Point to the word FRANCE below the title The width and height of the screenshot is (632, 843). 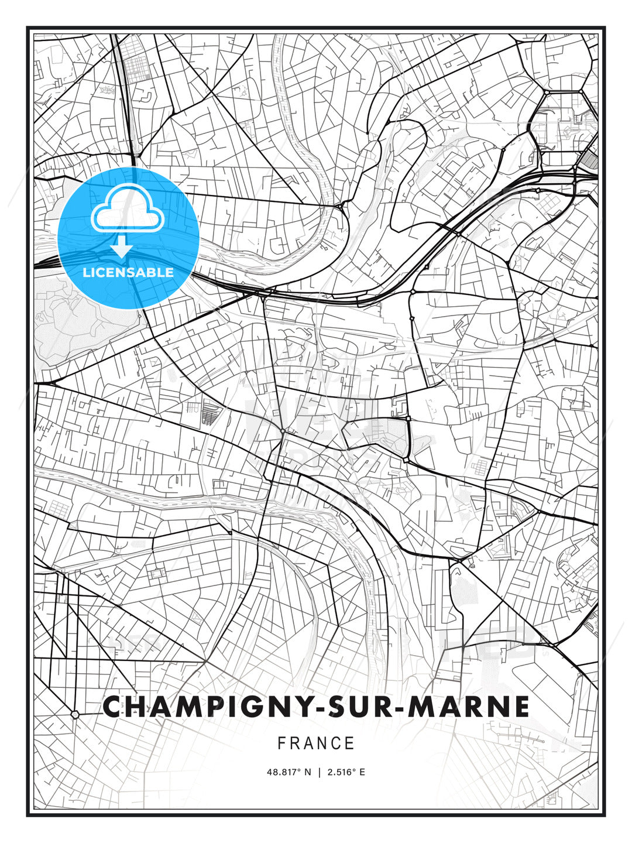tap(316, 743)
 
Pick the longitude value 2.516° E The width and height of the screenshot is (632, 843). tap(346, 772)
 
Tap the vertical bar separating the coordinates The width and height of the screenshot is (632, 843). tap(320, 772)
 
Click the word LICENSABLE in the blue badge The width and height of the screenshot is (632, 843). tap(128, 272)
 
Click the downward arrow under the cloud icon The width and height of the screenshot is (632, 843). tap(122, 247)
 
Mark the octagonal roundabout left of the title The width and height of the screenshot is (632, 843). tap(75, 714)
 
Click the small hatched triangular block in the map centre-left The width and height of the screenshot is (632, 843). tap(208, 416)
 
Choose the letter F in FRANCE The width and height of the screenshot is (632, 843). tap(281, 743)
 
